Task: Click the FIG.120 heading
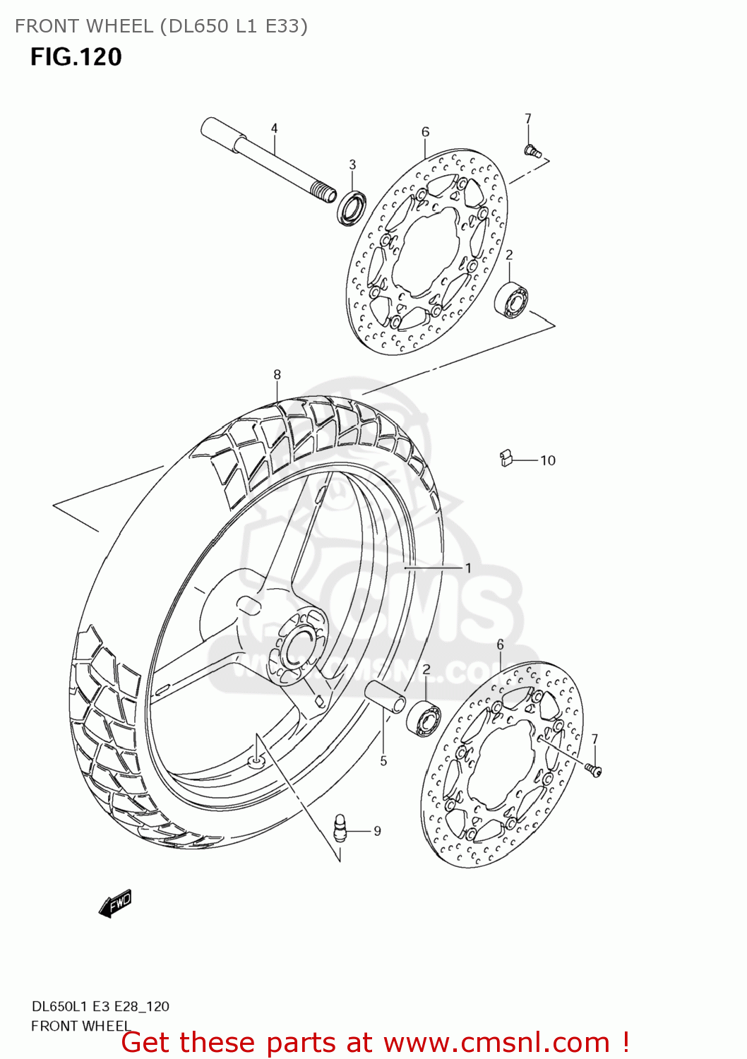[76, 56]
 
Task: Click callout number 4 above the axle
[274, 128]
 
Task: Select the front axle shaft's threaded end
[323, 192]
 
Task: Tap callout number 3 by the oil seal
[352, 164]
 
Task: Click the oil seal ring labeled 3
[351, 208]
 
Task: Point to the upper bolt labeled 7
[532, 150]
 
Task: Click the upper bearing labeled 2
[513, 299]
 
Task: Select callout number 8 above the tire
[277, 375]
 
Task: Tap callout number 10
[548, 460]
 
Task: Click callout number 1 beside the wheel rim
[467, 568]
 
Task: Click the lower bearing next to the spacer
[424, 718]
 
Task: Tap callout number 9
[377, 831]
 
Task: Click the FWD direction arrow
[116, 903]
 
